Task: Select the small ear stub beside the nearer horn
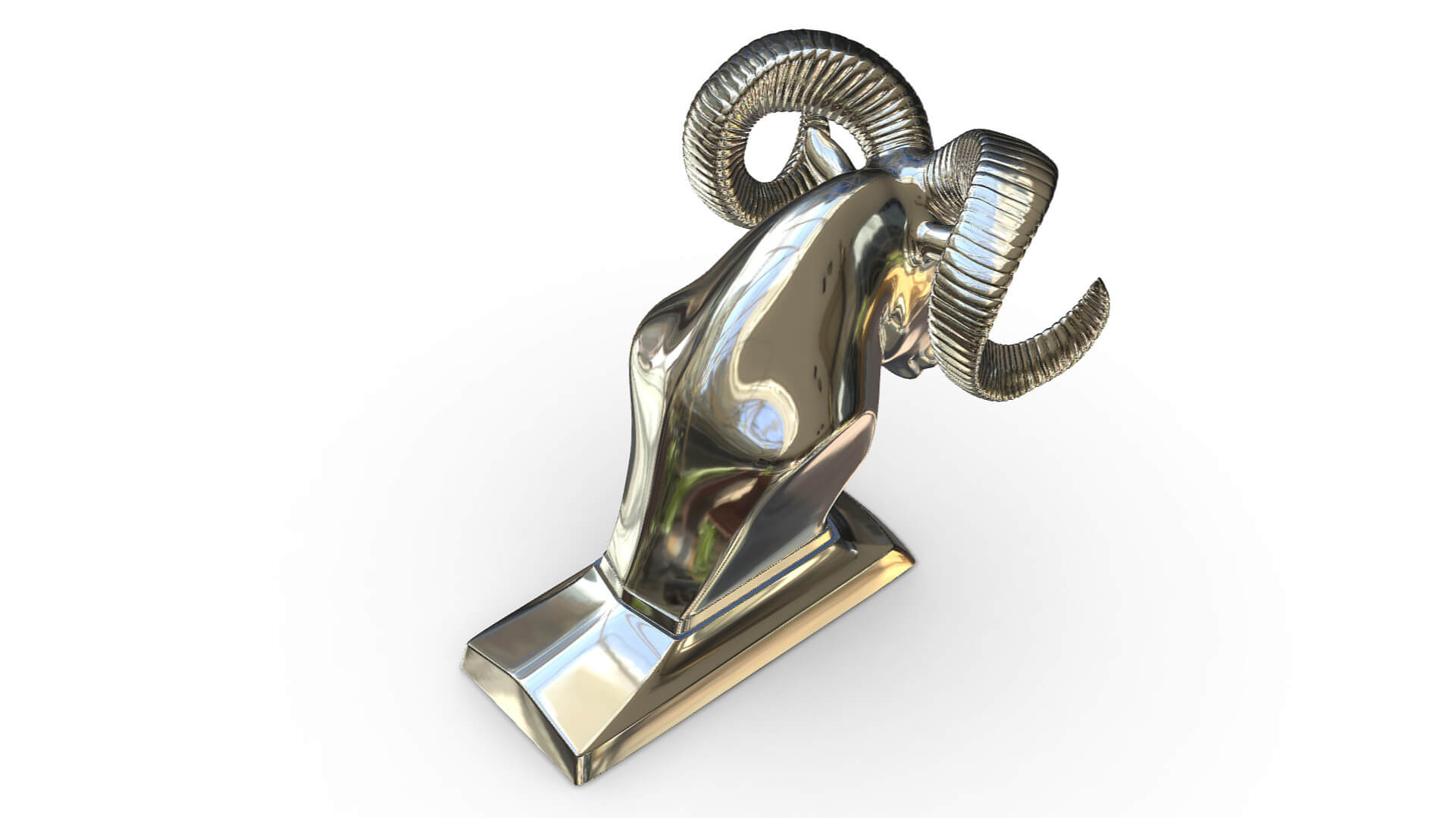[x=930, y=231]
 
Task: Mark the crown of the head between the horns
[x=871, y=189]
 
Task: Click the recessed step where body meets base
[x=652, y=606]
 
